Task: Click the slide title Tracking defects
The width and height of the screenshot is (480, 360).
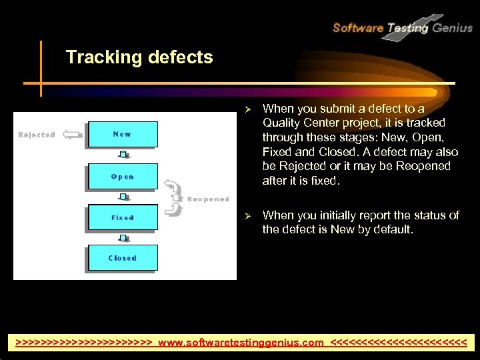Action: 139,57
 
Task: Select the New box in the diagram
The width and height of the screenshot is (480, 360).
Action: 122,135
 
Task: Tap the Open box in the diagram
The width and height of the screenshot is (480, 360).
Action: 122,177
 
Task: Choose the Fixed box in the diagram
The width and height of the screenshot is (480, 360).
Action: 122,217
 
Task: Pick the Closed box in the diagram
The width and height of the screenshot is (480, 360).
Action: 122,258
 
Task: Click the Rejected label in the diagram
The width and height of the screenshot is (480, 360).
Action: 37,135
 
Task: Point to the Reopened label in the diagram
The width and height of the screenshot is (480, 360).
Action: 208,199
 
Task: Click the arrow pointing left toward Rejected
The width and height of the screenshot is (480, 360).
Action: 71,135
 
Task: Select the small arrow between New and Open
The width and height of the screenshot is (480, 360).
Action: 123,155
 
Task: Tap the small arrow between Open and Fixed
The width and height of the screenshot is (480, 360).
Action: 123,197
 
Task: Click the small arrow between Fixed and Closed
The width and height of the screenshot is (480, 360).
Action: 123,237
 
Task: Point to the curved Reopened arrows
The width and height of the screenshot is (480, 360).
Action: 175,198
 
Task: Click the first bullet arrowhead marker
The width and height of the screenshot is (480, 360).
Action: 247,109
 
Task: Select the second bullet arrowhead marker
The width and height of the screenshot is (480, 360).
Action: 247,215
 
